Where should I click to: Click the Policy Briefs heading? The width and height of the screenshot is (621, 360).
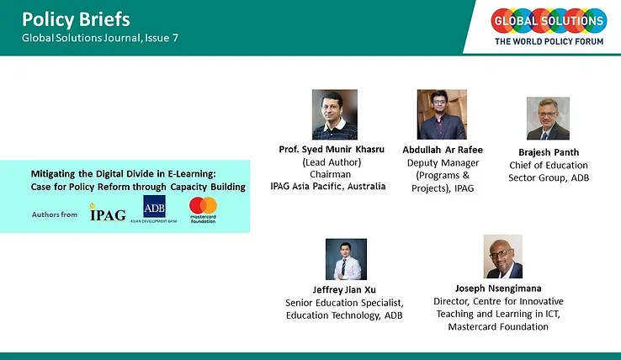tap(76, 19)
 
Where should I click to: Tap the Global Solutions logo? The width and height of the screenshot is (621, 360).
tap(549, 26)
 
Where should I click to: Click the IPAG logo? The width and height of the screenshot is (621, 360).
tap(108, 212)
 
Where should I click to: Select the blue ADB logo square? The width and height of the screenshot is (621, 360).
tap(154, 206)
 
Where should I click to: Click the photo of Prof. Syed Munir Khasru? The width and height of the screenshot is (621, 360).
tap(335, 114)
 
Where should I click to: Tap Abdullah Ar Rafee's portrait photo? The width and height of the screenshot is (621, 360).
tap(442, 114)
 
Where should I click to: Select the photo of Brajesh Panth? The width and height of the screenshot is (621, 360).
tap(548, 119)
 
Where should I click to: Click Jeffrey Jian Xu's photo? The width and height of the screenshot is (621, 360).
tap(346, 259)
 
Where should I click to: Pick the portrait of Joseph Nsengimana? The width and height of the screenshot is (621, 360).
tap(503, 257)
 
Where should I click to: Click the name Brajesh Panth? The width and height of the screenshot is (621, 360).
tap(549, 152)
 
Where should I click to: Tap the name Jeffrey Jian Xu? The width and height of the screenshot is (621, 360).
tap(344, 290)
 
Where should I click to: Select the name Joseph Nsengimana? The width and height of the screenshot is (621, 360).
tap(498, 289)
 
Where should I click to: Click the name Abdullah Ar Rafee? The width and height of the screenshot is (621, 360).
tap(443, 150)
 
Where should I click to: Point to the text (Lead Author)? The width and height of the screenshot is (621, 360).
tap(332, 162)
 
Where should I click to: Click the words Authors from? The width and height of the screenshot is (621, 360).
tap(55, 214)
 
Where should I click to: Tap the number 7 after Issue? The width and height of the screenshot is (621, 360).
tap(175, 38)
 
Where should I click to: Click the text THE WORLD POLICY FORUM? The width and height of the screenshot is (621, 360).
tap(549, 41)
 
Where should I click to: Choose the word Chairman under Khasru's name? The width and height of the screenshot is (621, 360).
tap(331, 174)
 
